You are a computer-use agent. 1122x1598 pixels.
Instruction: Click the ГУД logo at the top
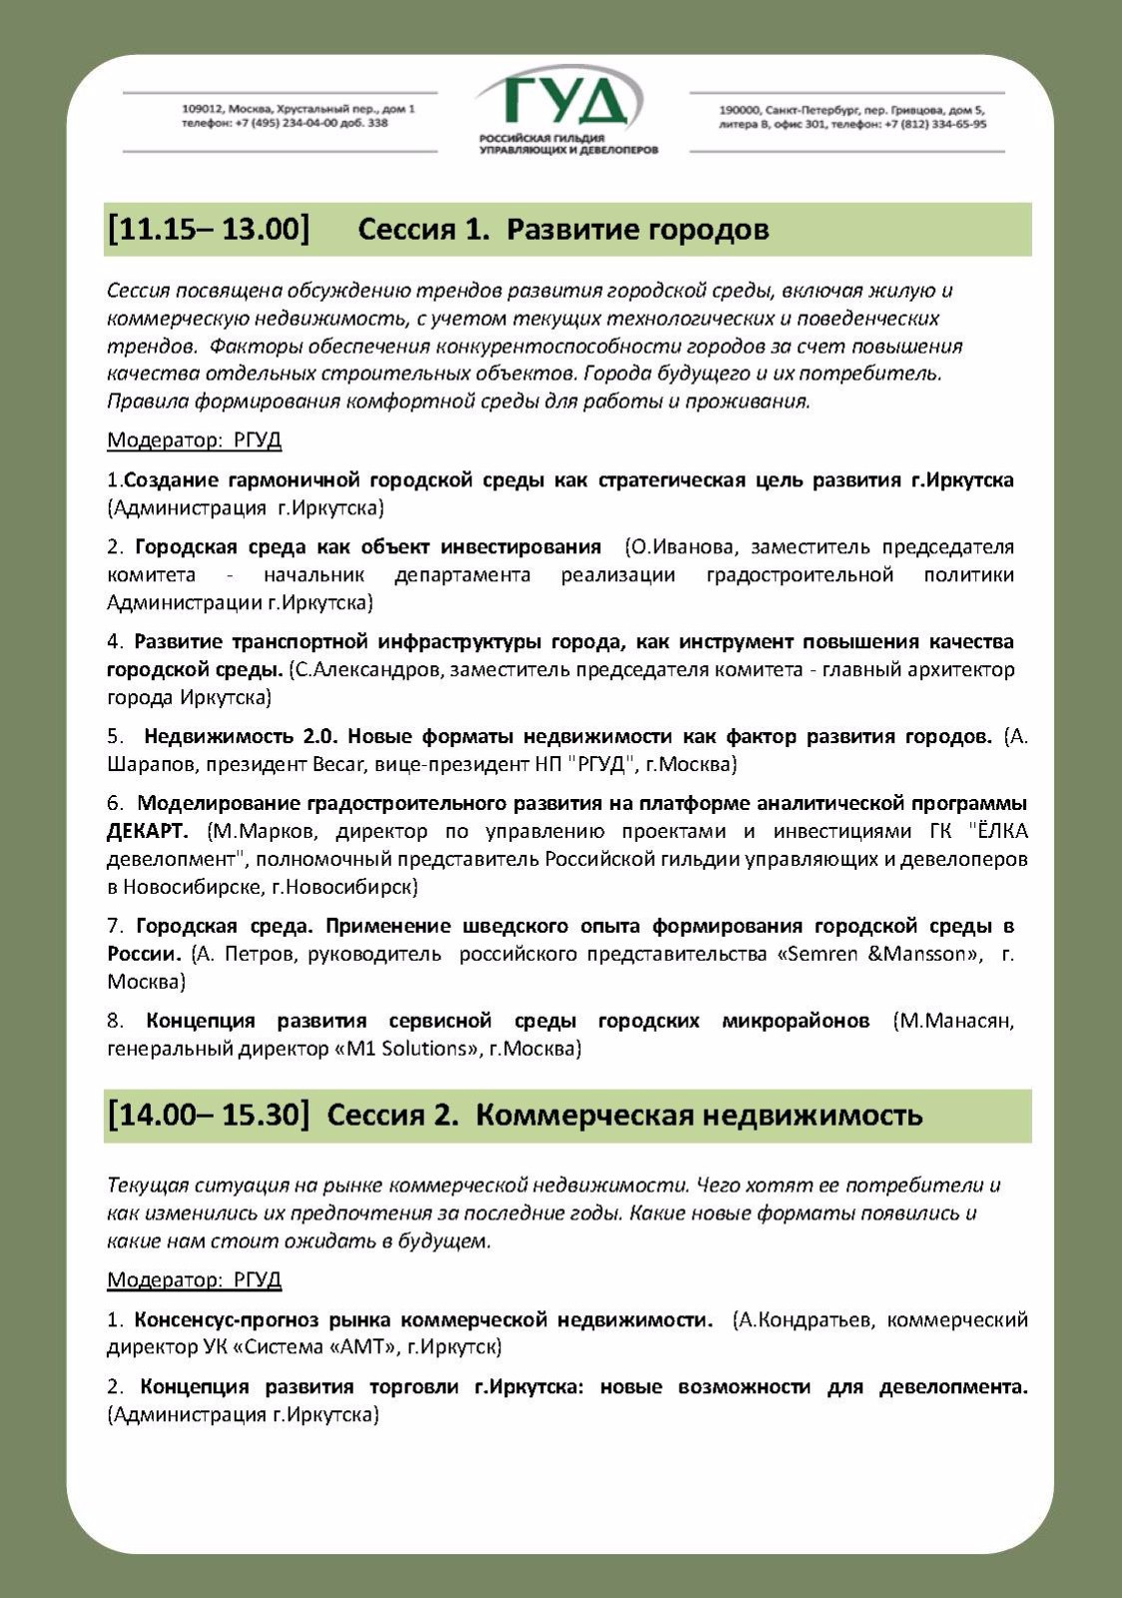click(564, 105)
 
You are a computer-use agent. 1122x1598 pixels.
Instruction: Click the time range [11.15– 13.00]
click(209, 229)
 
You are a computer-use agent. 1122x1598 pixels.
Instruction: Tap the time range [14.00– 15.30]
click(209, 1115)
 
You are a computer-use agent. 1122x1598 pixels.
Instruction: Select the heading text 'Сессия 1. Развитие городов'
click(563, 230)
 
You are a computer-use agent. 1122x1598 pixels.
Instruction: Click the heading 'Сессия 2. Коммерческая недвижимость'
click(624, 1115)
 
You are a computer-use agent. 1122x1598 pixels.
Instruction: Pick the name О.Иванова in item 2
click(683, 546)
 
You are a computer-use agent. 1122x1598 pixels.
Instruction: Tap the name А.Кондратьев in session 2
click(804, 1320)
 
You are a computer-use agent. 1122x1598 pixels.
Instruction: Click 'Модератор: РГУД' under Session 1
click(195, 440)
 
